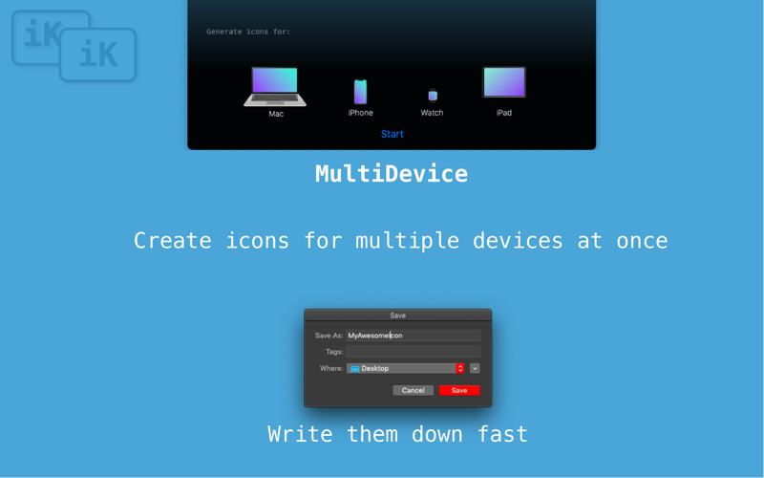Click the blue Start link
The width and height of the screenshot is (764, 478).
coord(393,134)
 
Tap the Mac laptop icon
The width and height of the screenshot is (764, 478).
coord(275,86)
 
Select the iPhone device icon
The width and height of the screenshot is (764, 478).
coord(361,92)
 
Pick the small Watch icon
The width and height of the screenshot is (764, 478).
coord(433,96)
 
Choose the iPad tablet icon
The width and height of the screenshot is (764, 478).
coord(504,82)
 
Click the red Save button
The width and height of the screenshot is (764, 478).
coord(459,390)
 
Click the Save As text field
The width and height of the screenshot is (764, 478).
coord(414,336)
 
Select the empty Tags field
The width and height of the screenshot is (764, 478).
coord(414,351)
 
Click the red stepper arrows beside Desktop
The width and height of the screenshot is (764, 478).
coord(460,368)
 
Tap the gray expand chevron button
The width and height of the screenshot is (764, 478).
coord(475,368)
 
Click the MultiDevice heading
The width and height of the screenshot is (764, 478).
coord(392,174)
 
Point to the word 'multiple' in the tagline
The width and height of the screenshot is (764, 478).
coord(408,241)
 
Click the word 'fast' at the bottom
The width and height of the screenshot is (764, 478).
coord(502,434)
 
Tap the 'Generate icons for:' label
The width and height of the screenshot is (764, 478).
coord(248,32)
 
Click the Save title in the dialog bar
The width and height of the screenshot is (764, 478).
coord(398,315)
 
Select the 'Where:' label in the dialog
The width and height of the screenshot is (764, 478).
coord(331,368)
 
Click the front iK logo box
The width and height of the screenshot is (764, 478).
coord(98,54)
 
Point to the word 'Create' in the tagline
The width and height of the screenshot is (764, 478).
coord(173,241)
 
